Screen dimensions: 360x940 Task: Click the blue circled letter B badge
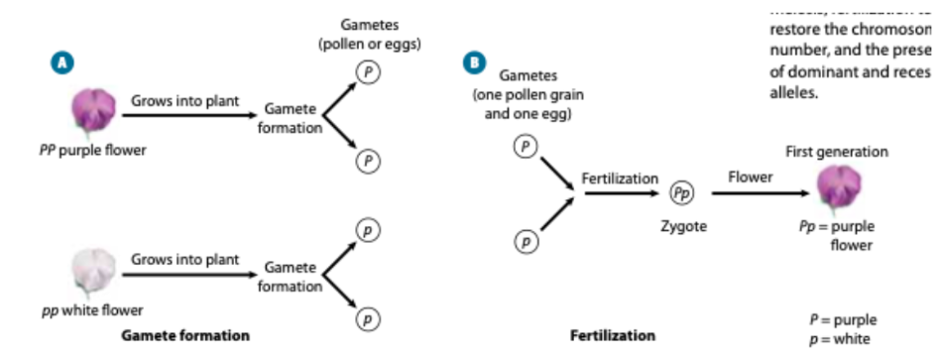click(x=475, y=61)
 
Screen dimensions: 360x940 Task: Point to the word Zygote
click(x=683, y=226)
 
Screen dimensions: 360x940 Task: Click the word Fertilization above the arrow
click(x=619, y=179)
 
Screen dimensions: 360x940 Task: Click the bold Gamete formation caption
click(x=185, y=336)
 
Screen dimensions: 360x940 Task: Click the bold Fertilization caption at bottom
click(x=613, y=336)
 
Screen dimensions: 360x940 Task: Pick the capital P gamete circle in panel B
click(x=525, y=147)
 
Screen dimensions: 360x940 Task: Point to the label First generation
click(x=836, y=152)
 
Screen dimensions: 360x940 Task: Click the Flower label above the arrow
click(x=751, y=177)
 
